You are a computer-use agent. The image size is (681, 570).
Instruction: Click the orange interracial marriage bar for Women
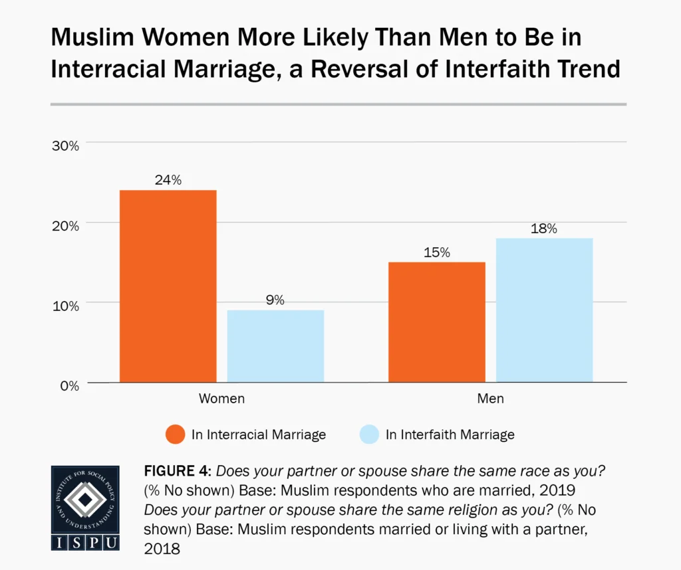[168, 286]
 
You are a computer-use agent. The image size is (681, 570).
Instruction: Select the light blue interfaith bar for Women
[275, 345]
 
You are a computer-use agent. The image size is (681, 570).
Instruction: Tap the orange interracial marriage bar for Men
[436, 322]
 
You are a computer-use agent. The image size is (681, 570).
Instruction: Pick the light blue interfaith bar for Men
[544, 310]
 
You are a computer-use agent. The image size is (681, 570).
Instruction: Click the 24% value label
[168, 179]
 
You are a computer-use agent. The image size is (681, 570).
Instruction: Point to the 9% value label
[275, 300]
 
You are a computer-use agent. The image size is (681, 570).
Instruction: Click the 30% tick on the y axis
[65, 145]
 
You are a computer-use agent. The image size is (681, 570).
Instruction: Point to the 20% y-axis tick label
[65, 226]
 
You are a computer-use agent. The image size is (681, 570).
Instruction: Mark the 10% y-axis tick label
[65, 306]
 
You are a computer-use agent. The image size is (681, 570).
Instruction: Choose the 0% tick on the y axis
[68, 385]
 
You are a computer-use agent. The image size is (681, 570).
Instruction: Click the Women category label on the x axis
[221, 399]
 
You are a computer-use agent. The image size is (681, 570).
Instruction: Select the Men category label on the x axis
[490, 399]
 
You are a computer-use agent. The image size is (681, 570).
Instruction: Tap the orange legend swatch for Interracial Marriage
[174, 435]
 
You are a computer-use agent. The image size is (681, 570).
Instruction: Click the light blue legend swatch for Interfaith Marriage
[368, 435]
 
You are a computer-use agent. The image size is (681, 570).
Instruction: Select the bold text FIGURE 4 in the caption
[176, 472]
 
